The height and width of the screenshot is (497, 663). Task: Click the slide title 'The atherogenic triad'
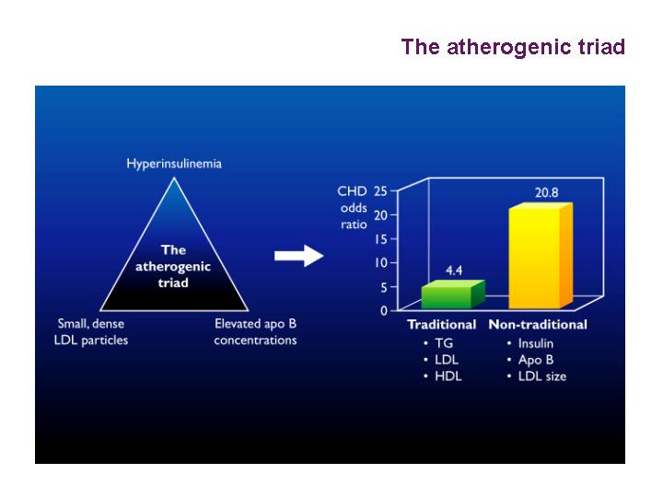(513, 47)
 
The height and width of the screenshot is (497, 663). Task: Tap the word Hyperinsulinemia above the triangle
(174, 164)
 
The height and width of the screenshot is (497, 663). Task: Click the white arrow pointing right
(299, 256)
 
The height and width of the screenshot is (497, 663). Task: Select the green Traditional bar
(453, 295)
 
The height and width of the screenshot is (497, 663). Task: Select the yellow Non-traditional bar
(541, 256)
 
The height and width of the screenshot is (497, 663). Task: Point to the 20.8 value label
(546, 192)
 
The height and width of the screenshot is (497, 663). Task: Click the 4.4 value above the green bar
(454, 271)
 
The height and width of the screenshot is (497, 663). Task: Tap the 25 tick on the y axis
(380, 191)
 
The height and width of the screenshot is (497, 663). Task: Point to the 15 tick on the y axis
(380, 239)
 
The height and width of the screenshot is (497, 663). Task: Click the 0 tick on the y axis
(383, 311)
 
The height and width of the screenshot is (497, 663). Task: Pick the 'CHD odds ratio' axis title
(353, 207)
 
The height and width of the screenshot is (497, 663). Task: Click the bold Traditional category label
(441, 325)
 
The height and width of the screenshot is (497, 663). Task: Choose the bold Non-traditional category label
(538, 325)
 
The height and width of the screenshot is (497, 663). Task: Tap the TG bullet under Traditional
(444, 343)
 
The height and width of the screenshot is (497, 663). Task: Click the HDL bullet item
(448, 376)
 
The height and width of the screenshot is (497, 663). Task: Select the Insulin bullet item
(535, 343)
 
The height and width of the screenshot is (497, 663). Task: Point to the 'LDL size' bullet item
(542, 376)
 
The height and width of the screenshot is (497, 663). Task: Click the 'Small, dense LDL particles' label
(91, 331)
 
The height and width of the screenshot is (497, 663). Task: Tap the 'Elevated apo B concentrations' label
(255, 331)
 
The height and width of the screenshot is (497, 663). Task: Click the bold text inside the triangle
(173, 266)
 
